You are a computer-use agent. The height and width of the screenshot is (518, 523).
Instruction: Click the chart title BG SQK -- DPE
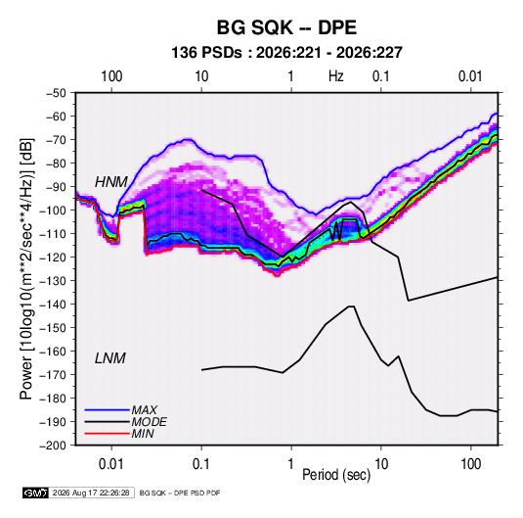pyautogui.click(x=286, y=27)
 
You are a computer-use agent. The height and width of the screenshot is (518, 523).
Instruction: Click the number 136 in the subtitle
pyautogui.click(x=184, y=53)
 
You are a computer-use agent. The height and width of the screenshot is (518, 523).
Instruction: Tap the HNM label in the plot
pyautogui.click(x=111, y=182)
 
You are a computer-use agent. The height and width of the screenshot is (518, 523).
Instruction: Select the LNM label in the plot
pyautogui.click(x=110, y=358)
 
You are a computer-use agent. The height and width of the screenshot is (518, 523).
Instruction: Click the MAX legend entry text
pyautogui.click(x=144, y=410)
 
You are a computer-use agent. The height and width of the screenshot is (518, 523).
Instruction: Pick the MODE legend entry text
pyautogui.click(x=150, y=422)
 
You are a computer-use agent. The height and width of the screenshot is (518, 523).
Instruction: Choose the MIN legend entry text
pyautogui.click(x=143, y=434)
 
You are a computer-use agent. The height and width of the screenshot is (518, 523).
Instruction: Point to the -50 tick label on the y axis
pyautogui.click(x=56, y=93)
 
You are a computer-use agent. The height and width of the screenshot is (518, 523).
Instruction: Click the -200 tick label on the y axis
pyautogui.click(x=53, y=446)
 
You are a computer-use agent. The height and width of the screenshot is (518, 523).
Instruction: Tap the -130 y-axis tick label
pyautogui.click(x=53, y=281)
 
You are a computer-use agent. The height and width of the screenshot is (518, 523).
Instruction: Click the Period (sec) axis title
pyautogui.click(x=336, y=475)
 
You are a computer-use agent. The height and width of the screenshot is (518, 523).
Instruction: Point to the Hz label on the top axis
pyautogui.click(x=336, y=76)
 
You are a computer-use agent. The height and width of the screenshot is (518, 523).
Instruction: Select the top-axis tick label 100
pyautogui.click(x=111, y=76)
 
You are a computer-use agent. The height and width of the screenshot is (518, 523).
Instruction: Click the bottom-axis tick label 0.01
pyautogui.click(x=111, y=464)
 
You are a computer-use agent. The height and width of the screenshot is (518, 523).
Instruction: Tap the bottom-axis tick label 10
pyautogui.click(x=381, y=464)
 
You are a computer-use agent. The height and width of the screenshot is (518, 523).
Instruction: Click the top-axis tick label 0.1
pyautogui.click(x=381, y=76)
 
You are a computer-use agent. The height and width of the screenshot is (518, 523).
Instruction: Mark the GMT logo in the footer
pyautogui.click(x=35, y=493)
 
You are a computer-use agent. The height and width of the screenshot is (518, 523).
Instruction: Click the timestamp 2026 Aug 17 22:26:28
pyautogui.click(x=91, y=493)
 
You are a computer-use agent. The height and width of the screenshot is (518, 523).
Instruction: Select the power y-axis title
pyautogui.click(x=26, y=268)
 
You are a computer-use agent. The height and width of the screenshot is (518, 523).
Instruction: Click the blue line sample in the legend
pyautogui.click(x=108, y=410)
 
